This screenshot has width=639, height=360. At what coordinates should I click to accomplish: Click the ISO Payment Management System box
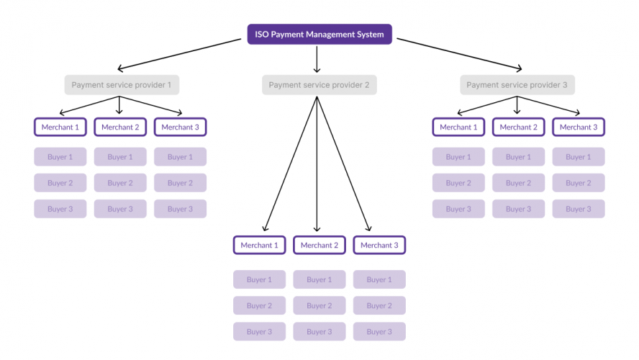click(319, 34)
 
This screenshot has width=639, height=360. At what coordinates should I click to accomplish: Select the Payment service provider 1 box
click(121, 85)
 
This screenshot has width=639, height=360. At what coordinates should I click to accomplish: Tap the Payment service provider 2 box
click(319, 85)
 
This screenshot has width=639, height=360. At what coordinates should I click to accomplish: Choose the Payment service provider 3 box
click(517, 85)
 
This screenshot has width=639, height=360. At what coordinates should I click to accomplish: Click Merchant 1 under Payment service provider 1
click(60, 127)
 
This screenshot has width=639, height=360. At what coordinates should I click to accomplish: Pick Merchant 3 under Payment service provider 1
click(180, 127)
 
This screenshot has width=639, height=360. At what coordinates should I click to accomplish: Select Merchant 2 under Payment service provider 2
click(319, 246)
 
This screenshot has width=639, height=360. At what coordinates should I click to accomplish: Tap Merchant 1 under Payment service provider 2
click(259, 246)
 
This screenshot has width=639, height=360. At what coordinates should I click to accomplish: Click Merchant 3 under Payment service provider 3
click(578, 127)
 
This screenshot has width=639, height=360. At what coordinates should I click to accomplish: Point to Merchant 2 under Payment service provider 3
click(518, 127)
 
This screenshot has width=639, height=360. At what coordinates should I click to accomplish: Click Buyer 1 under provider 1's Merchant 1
click(60, 157)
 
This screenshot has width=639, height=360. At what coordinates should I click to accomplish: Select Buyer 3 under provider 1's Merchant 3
click(180, 209)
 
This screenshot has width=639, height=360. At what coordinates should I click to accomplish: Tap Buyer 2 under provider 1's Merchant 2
click(120, 183)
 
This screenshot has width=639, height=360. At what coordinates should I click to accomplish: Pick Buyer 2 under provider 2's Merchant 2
click(319, 305)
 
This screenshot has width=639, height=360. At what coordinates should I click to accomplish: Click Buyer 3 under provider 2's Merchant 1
click(259, 332)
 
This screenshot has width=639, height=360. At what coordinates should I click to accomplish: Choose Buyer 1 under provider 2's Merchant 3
click(379, 279)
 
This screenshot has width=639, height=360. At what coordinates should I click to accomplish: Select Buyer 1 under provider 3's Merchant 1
click(458, 157)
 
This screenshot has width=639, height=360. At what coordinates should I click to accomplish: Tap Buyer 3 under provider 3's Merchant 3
click(578, 209)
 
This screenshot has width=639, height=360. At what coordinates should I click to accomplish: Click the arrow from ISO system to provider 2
click(317, 59)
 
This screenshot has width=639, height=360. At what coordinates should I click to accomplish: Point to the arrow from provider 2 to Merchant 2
click(317, 166)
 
